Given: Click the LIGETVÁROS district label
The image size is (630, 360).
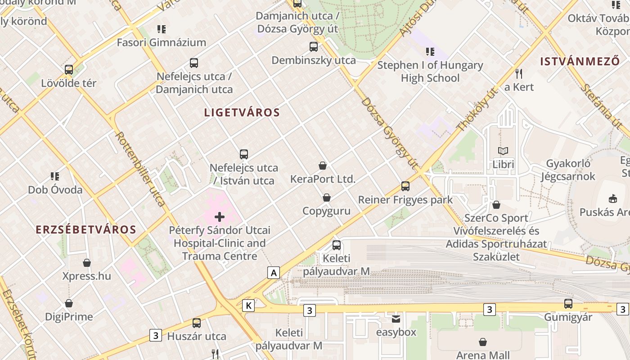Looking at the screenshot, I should tap(242, 112).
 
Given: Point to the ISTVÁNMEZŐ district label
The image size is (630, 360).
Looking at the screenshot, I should tap(580, 62).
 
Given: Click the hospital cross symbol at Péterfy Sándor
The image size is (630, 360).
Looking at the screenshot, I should tap(220, 217).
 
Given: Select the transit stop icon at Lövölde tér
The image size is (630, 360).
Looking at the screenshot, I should tap(69, 70).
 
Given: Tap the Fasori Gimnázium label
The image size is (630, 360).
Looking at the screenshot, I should tap(162, 43).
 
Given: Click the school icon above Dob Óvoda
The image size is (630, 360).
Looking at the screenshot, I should tap(55, 176).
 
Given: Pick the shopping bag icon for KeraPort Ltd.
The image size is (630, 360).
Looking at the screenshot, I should tap(323, 166).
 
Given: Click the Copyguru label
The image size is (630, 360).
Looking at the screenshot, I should tap(326, 211).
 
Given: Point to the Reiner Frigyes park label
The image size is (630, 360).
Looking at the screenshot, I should tap(405, 199).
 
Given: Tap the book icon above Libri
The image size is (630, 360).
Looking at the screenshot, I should tap(503, 151).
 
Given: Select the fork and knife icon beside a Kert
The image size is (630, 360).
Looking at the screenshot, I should tap(519, 73).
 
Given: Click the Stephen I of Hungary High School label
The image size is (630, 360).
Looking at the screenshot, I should tap(430, 72).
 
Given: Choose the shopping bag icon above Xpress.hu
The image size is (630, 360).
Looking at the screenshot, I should tap(87, 262).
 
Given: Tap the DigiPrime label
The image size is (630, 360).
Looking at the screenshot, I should tap(69, 317).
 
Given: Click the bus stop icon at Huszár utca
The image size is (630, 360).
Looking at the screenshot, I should tap(197, 323).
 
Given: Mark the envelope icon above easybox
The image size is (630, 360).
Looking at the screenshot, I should tap(396, 319).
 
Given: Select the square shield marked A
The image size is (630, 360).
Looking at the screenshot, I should tap(273, 272).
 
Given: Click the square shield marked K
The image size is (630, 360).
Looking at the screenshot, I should tap(248, 306).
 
